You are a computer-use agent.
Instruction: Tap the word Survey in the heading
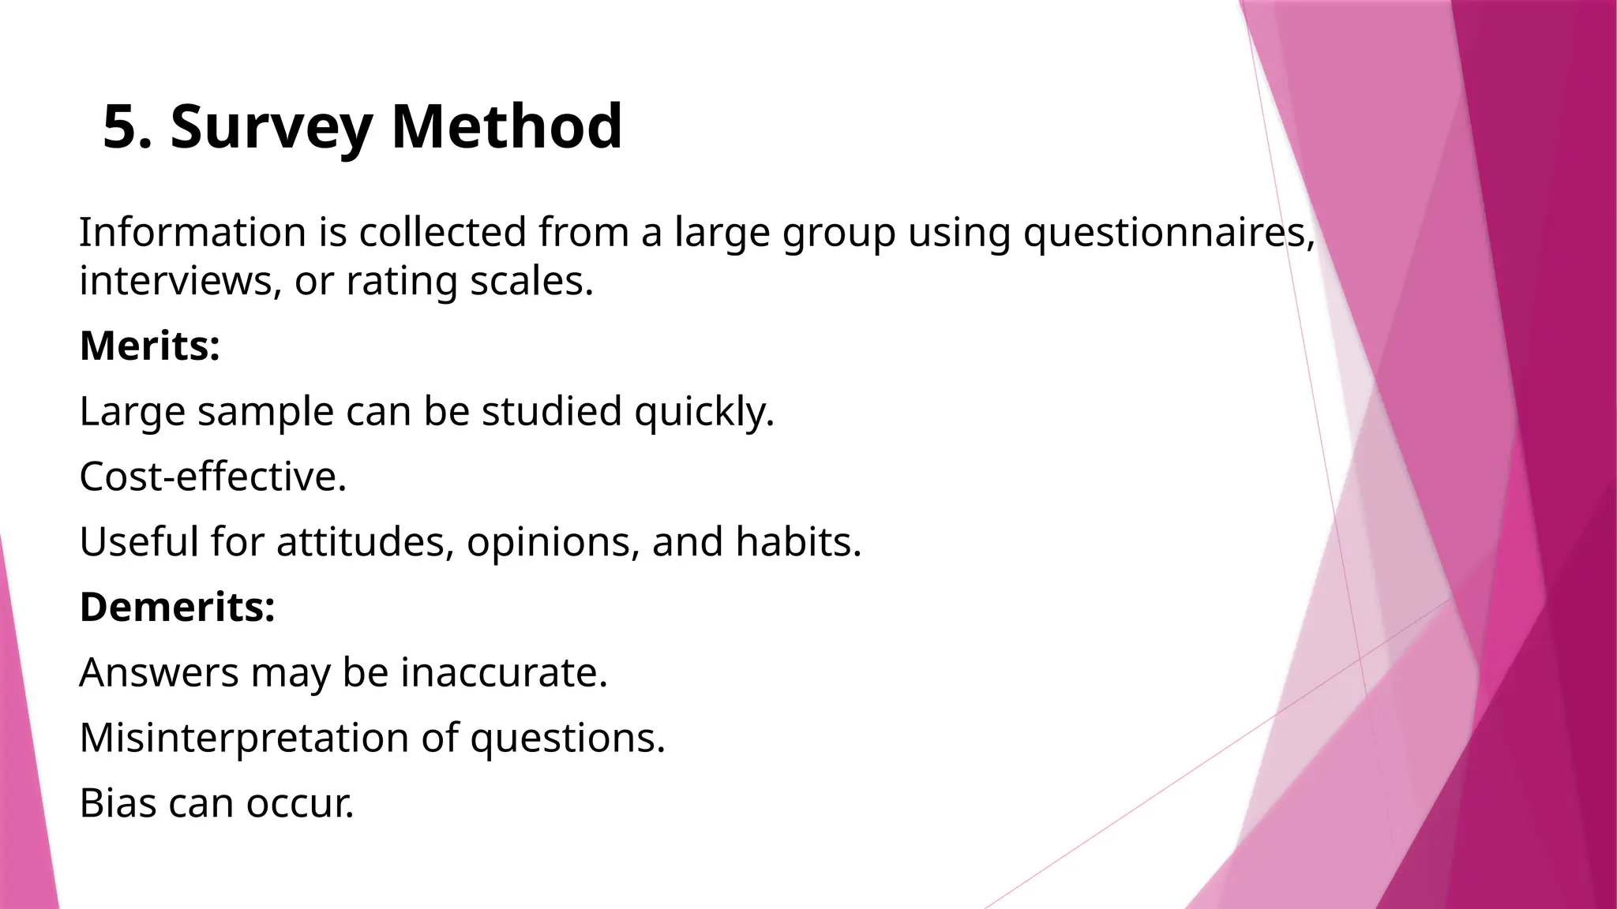[x=271, y=127]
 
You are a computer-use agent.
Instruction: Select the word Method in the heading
[x=506, y=127]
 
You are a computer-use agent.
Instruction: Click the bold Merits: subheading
[x=150, y=346]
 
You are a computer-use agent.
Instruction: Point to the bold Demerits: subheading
[x=178, y=607]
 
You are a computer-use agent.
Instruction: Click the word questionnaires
[x=1169, y=233]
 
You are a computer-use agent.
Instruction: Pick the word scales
[x=531, y=281]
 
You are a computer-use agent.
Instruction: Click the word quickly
[x=703, y=411]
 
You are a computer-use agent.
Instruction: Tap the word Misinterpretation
[x=244, y=738]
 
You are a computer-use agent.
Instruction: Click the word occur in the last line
[x=299, y=803]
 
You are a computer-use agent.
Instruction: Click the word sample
[x=265, y=411]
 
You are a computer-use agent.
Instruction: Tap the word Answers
[x=159, y=672]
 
